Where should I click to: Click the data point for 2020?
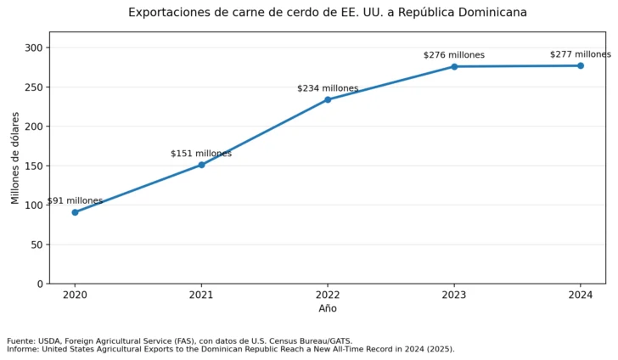click(x=75, y=212)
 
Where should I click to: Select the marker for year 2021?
click(x=201, y=165)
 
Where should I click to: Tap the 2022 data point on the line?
click(x=328, y=99)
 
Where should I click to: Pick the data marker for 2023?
click(x=454, y=66)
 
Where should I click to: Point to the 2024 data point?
click(x=581, y=66)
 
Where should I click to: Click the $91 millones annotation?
click(x=75, y=200)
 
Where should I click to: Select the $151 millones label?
click(x=201, y=154)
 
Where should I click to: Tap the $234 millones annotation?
click(x=328, y=88)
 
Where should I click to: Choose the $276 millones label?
click(x=454, y=55)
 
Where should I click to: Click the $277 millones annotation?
click(x=581, y=54)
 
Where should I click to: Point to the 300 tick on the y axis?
click(x=33, y=48)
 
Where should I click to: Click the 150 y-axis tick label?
click(x=33, y=166)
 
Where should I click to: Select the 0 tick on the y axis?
click(x=40, y=284)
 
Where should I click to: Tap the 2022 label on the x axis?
click(x=328, y=295)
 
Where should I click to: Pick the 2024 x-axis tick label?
click(x=581, y=295)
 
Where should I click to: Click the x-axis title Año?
click(x=328, y=308)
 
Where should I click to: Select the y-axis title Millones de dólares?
click(x=15, y=158)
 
